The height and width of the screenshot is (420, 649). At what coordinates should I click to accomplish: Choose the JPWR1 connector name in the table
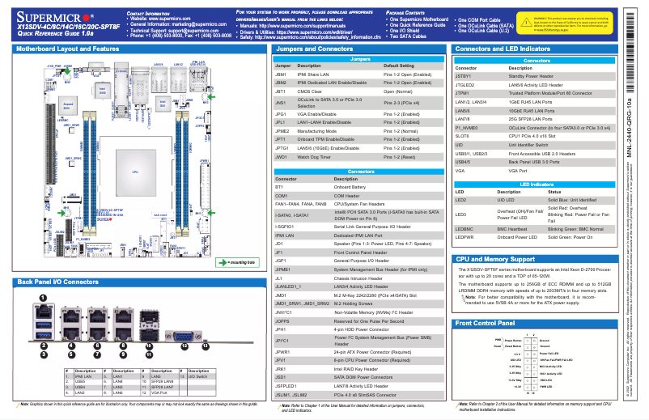click(283, 353)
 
